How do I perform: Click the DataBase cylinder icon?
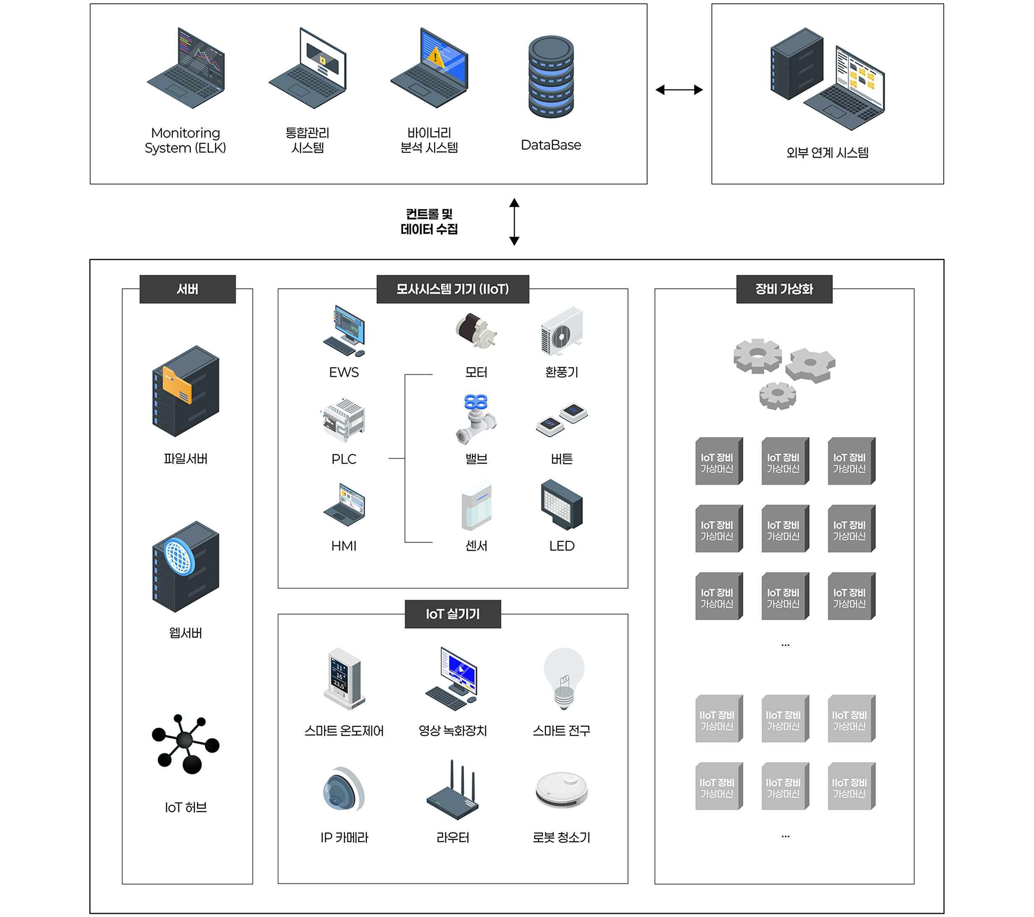pos(551,77)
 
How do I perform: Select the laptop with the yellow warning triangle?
pos(429,68)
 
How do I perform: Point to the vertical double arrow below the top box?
pos(514,222)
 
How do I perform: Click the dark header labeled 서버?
pos(187,289)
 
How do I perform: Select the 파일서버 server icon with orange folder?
pos(185,390)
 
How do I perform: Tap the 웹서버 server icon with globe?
pos(185,566)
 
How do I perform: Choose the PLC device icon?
pos(344,419)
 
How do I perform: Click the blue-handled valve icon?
pos(476,419)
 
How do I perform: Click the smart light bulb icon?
pos(564,679)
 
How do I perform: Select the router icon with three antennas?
pos(453,792)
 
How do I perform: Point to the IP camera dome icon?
pos(344,789)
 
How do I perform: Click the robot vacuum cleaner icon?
pos(561,790)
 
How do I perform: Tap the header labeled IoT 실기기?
pos(453,614)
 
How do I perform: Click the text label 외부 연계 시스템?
pos(827,153)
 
